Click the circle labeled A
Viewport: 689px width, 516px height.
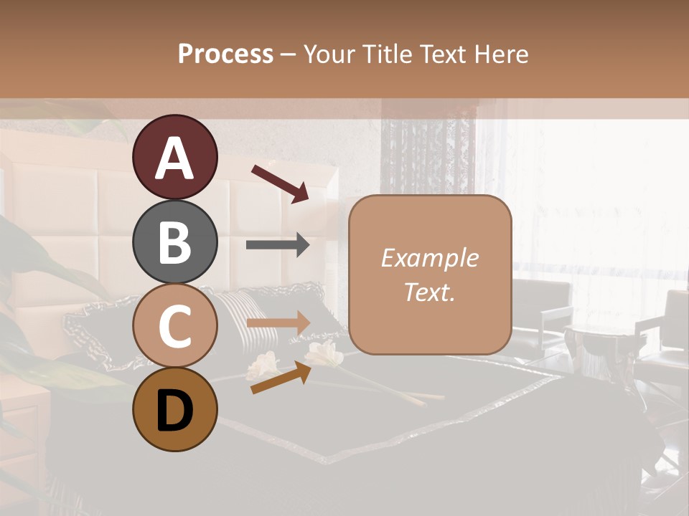click(174, 158)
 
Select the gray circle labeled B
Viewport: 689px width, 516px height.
click(174, 242)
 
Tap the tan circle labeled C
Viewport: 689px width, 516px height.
click(174, 326)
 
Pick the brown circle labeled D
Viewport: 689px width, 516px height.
click(174, 410)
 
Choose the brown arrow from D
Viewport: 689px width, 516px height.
click(281, 378)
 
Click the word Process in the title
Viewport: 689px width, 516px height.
click(225, 54)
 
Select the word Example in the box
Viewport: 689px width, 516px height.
click(429, 258)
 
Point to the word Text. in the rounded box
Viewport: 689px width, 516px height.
click(429, 292)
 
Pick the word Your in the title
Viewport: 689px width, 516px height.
click(327, 54)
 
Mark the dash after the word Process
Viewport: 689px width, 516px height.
click(288, 54)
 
